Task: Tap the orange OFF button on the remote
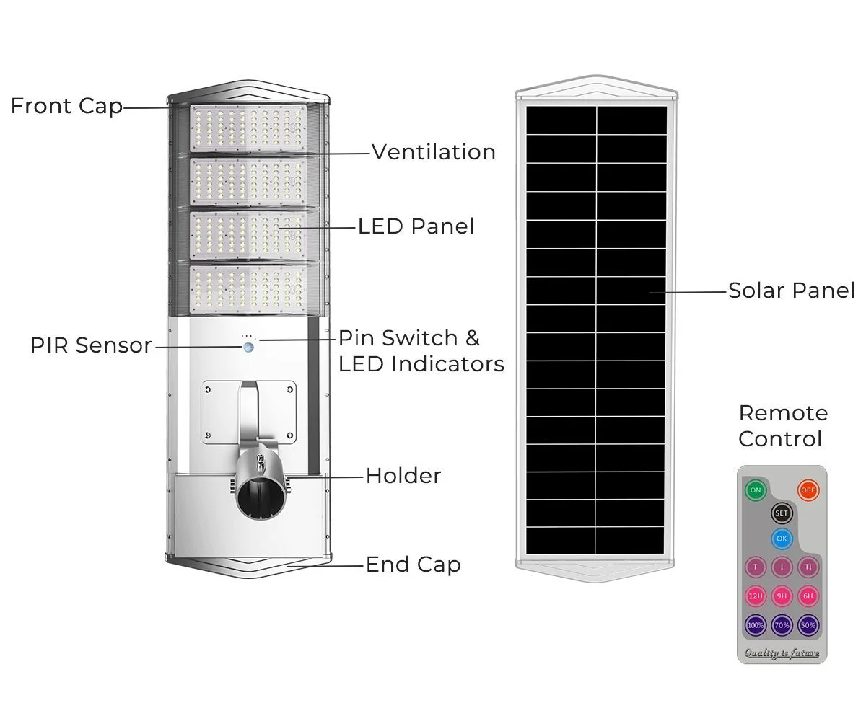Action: (808, 490)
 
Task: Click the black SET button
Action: (782, 513)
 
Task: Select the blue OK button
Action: (782, 538)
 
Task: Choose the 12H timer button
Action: (756, 596)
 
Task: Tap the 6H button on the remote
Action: (808, 596)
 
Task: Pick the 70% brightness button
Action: (782, 625)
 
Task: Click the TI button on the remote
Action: (808, 567)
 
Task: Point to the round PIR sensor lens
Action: (249, 347)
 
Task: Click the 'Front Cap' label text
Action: (66, 106)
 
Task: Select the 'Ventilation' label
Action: (434, 152)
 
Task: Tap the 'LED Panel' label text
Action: (416, 226)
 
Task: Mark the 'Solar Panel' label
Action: (792, 291)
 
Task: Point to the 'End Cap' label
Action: (414, 565)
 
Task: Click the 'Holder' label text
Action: (403, 476)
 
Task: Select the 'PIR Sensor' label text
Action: (91, 345)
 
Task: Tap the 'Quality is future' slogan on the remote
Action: (782, 653)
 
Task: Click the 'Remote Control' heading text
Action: (783, 426)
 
